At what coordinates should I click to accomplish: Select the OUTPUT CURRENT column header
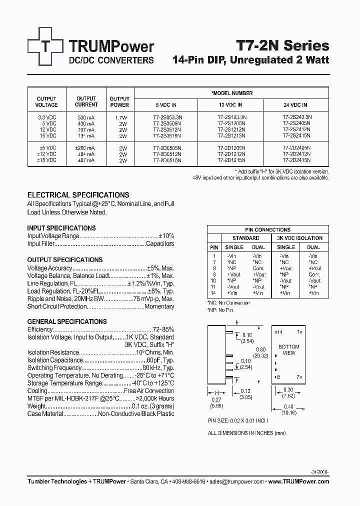tap(86, 101)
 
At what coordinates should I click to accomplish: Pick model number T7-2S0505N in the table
tap(166, 123)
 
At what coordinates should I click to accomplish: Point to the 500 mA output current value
tap(86, 117)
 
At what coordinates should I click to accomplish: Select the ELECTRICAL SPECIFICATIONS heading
tap(78, 195)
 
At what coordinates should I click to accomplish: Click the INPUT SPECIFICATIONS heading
tap(61, 228)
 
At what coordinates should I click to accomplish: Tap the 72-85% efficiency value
tap(163, 330)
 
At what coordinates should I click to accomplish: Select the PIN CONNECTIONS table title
tap(267, 229)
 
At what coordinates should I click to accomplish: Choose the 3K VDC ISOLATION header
tap(299, 238)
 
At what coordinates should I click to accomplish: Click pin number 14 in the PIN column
tap(214, 293)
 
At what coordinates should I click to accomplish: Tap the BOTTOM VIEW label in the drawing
tap(289, 349)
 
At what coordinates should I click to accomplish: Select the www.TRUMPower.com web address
tap(299, 481)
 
